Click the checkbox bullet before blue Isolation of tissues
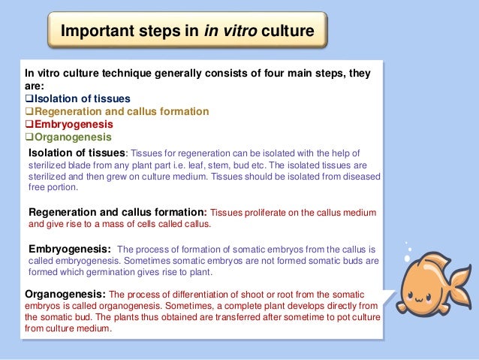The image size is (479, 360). [29, 99]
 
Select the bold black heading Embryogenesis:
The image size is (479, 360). [71, 248]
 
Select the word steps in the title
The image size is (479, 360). [164, 32]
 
